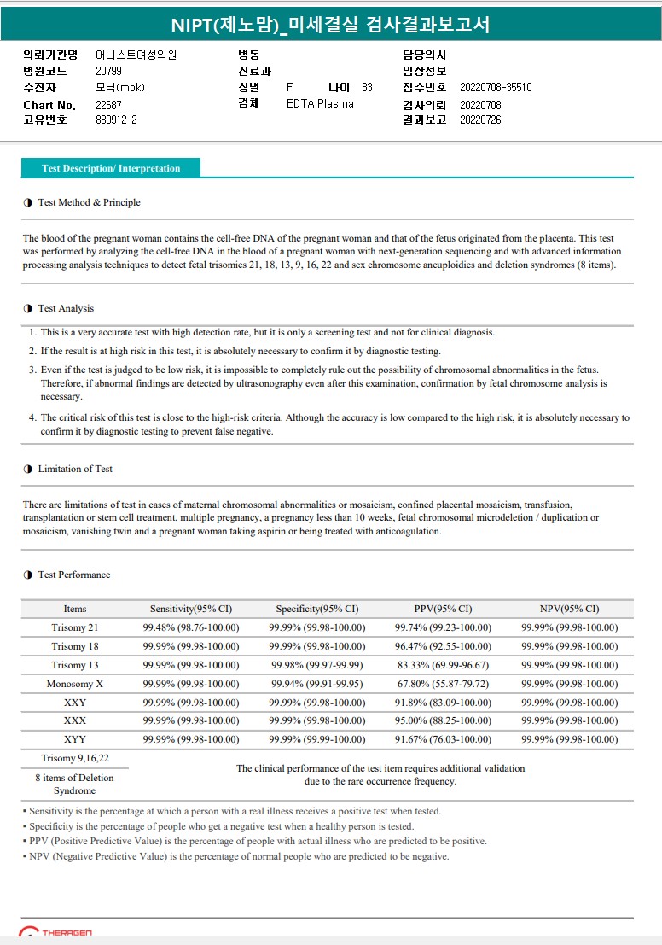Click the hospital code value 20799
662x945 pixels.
click(x=108, y=72)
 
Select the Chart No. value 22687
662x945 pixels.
click(x=108, y=105)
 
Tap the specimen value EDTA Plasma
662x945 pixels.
click(x=320, y=104)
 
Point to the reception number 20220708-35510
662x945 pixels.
click(x=496, y=88)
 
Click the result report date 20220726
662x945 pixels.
click(x=480, y=120)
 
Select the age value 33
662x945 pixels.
click(x=367, y=88)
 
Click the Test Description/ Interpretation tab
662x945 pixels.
click(x=111, y=169)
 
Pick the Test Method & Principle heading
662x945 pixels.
click(x=89, y=203)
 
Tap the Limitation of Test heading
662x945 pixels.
click(x=75, y=470)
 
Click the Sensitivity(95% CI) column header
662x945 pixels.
click(x=191, y=610)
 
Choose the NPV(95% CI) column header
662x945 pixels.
click(x=569, y=610)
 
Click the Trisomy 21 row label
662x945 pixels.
click(x=75, y=628)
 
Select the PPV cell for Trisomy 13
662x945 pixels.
click(x=442, y=666)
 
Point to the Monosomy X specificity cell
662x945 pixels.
click(x=316, y=685)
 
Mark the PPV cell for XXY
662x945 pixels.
click(x=442, y=703)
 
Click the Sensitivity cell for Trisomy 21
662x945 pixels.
click(x=191, y=628)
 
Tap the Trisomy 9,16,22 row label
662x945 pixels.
click(x=75, y=759)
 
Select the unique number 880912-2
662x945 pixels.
click(x=116, y=120)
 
